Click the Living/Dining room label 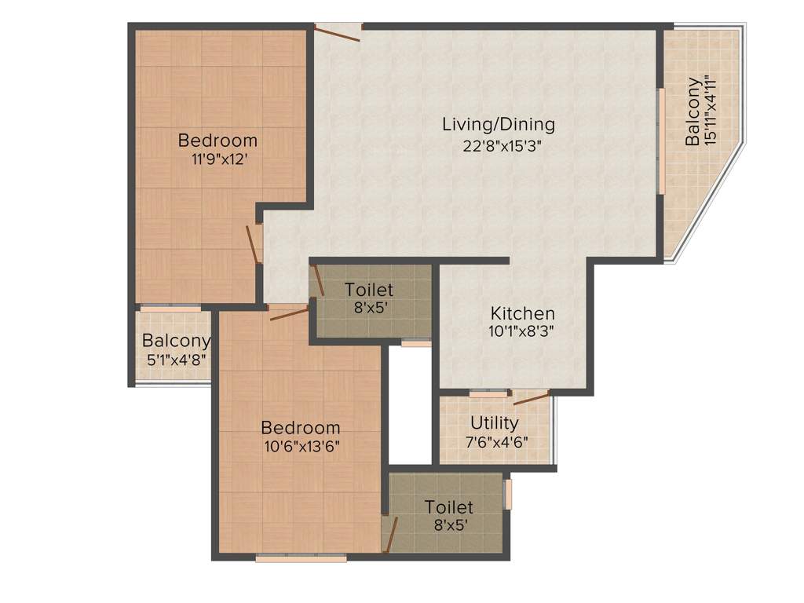click(499, 124)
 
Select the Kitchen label click(523, 313)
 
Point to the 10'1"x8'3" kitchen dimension click(521, 331)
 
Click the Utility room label click(495, 424)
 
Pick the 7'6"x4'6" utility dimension click(495, 441)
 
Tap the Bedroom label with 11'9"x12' click(217, 141)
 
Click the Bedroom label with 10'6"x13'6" click(301, 428)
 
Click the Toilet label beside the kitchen click(369, 291)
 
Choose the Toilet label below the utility click(449, 507)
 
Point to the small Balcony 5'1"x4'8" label click(176, 341)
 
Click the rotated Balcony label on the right click(693, 111)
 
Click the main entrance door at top click(338, 31)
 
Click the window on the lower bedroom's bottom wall click(301, 558)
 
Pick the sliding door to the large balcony click(662, 141)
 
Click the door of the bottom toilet click(389, 534)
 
